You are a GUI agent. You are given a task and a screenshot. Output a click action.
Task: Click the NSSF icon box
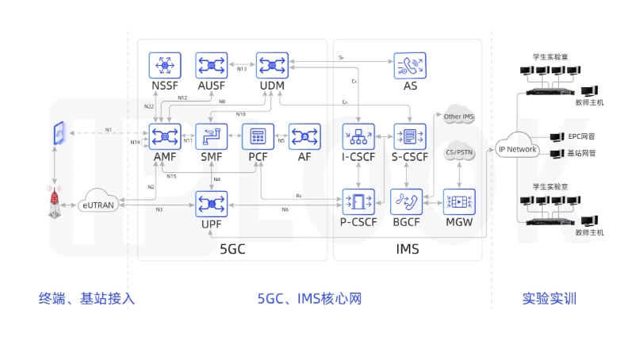tap(165, 65)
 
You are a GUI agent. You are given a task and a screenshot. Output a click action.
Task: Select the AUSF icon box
tap(212, 65)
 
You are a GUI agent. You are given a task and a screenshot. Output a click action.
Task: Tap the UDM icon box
tap(272, 65)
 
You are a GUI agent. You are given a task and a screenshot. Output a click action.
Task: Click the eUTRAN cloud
tap(99, 204)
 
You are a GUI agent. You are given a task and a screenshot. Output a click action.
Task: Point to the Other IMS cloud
tap(458, 116)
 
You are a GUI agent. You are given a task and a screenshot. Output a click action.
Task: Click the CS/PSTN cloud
tap(458, 150)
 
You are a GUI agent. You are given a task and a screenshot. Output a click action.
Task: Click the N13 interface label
tap(242, 69)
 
